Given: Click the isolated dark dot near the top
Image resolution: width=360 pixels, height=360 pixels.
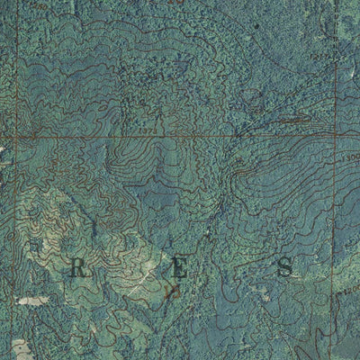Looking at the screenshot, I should [x=257, y=26].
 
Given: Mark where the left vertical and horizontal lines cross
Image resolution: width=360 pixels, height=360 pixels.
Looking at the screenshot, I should [x=17, y=138].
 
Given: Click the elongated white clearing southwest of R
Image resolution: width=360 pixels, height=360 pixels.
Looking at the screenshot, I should [x=34, y=300].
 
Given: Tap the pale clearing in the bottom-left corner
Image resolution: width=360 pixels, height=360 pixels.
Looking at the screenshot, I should [x=18, y=346].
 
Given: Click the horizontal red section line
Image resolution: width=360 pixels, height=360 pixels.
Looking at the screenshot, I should [x=180, y=138].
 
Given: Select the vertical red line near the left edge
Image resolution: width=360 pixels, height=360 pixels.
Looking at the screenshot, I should [x=17, y=225].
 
